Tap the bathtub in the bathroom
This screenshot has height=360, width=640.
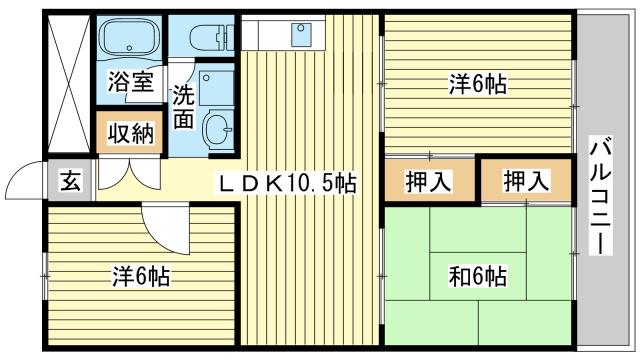click(x=131, y=41)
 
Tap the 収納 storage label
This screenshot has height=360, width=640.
click(x=131, y=133)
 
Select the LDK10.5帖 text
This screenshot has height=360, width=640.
click(x=287, y=183)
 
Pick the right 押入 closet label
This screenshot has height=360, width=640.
click(x=525, y=182)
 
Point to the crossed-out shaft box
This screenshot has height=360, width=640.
click(x=69, y=84)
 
